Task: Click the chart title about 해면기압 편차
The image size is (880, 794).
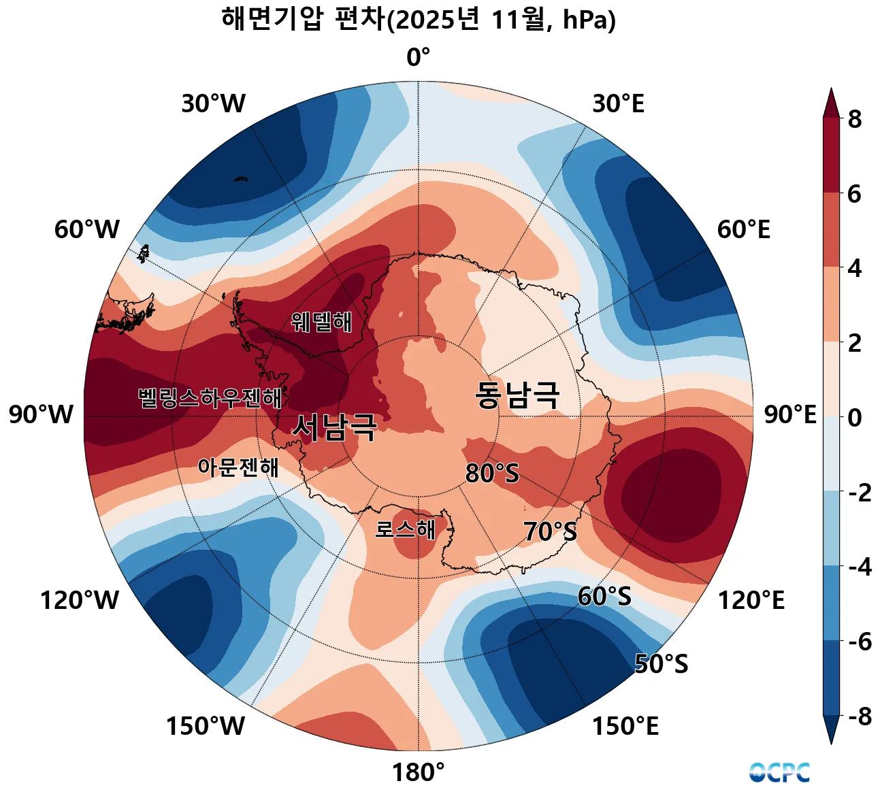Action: (419, 20)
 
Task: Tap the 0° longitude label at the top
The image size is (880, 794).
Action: (418, 58)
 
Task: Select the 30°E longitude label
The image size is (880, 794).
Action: (618, 104)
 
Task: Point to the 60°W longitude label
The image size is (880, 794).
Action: (87, 230)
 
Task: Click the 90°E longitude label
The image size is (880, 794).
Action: (790, 414)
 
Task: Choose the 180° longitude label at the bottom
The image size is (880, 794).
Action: (418, 772)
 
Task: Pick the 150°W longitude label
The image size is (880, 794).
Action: (206, 727)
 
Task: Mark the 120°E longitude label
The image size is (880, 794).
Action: (751, 601)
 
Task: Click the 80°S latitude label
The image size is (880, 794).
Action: (492, 473)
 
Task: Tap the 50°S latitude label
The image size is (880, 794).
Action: (661, 664)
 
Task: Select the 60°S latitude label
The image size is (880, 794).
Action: (604, 597)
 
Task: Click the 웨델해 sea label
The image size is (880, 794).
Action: (322, 321)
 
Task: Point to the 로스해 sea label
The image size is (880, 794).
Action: (406, 529)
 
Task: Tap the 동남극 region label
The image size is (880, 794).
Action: (517, 395)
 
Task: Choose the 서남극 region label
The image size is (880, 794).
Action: (334, 427)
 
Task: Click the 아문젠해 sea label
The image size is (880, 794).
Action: (238, 467)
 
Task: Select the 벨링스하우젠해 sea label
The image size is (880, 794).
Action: (210, 398)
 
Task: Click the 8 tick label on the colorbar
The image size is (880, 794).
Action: (854, 119)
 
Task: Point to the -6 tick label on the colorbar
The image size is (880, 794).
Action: (859, 641)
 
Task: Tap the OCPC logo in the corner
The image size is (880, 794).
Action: (780, 772)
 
